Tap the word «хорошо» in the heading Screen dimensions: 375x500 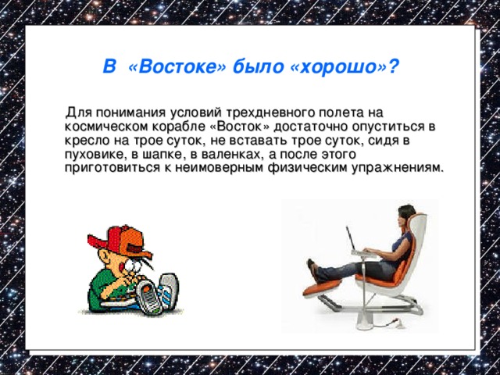(x=338, y=68)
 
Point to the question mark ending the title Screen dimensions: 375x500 (x=395, y=68)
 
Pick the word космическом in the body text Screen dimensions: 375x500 (x=102, y=127)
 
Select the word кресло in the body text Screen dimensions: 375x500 (x=86, y=141)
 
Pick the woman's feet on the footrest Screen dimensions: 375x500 (x=312, y=269)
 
